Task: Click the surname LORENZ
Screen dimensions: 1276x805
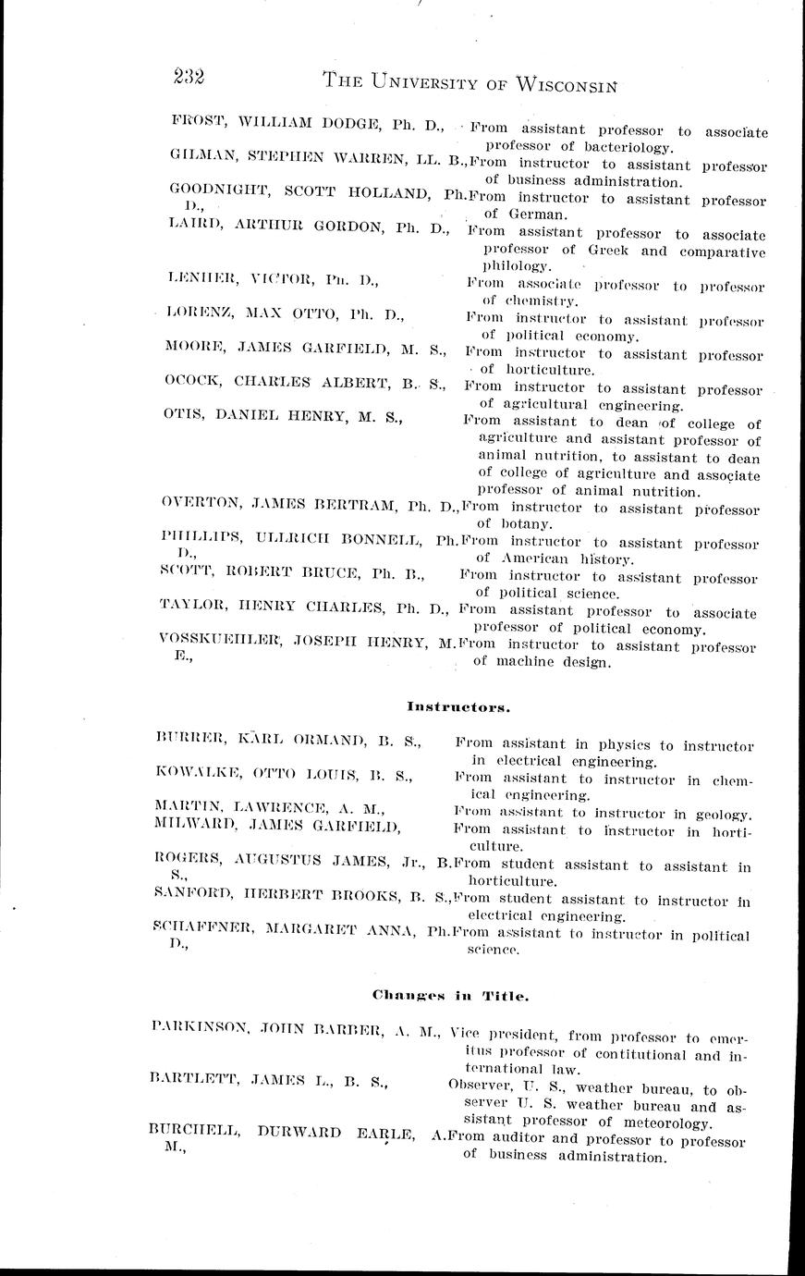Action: (199, 314)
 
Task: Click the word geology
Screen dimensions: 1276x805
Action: (718, 814)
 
